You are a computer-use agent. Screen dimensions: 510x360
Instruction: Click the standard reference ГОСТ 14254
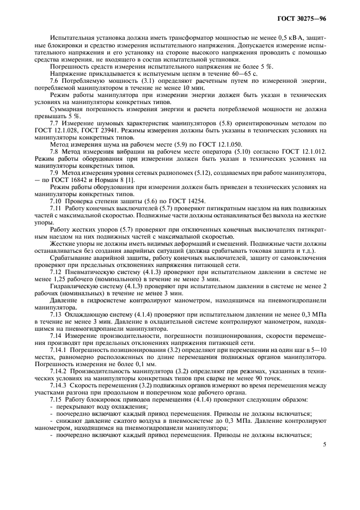point(188,201)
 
